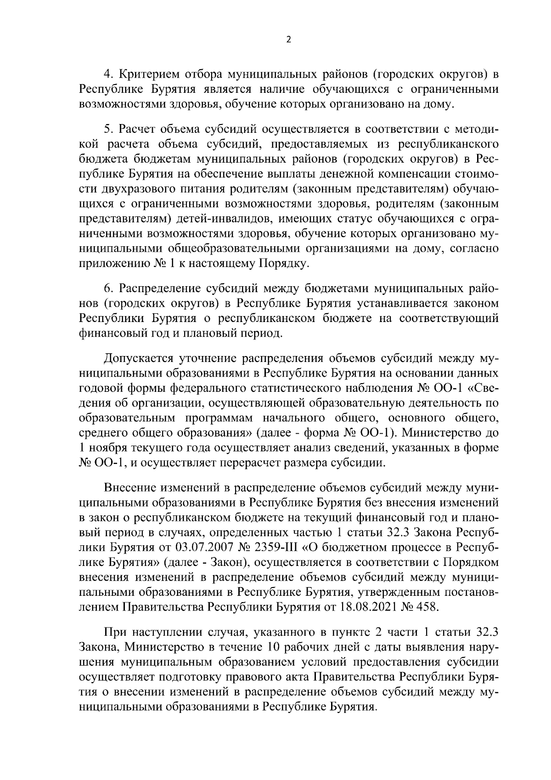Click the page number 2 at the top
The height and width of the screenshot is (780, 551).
pos(288,40)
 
